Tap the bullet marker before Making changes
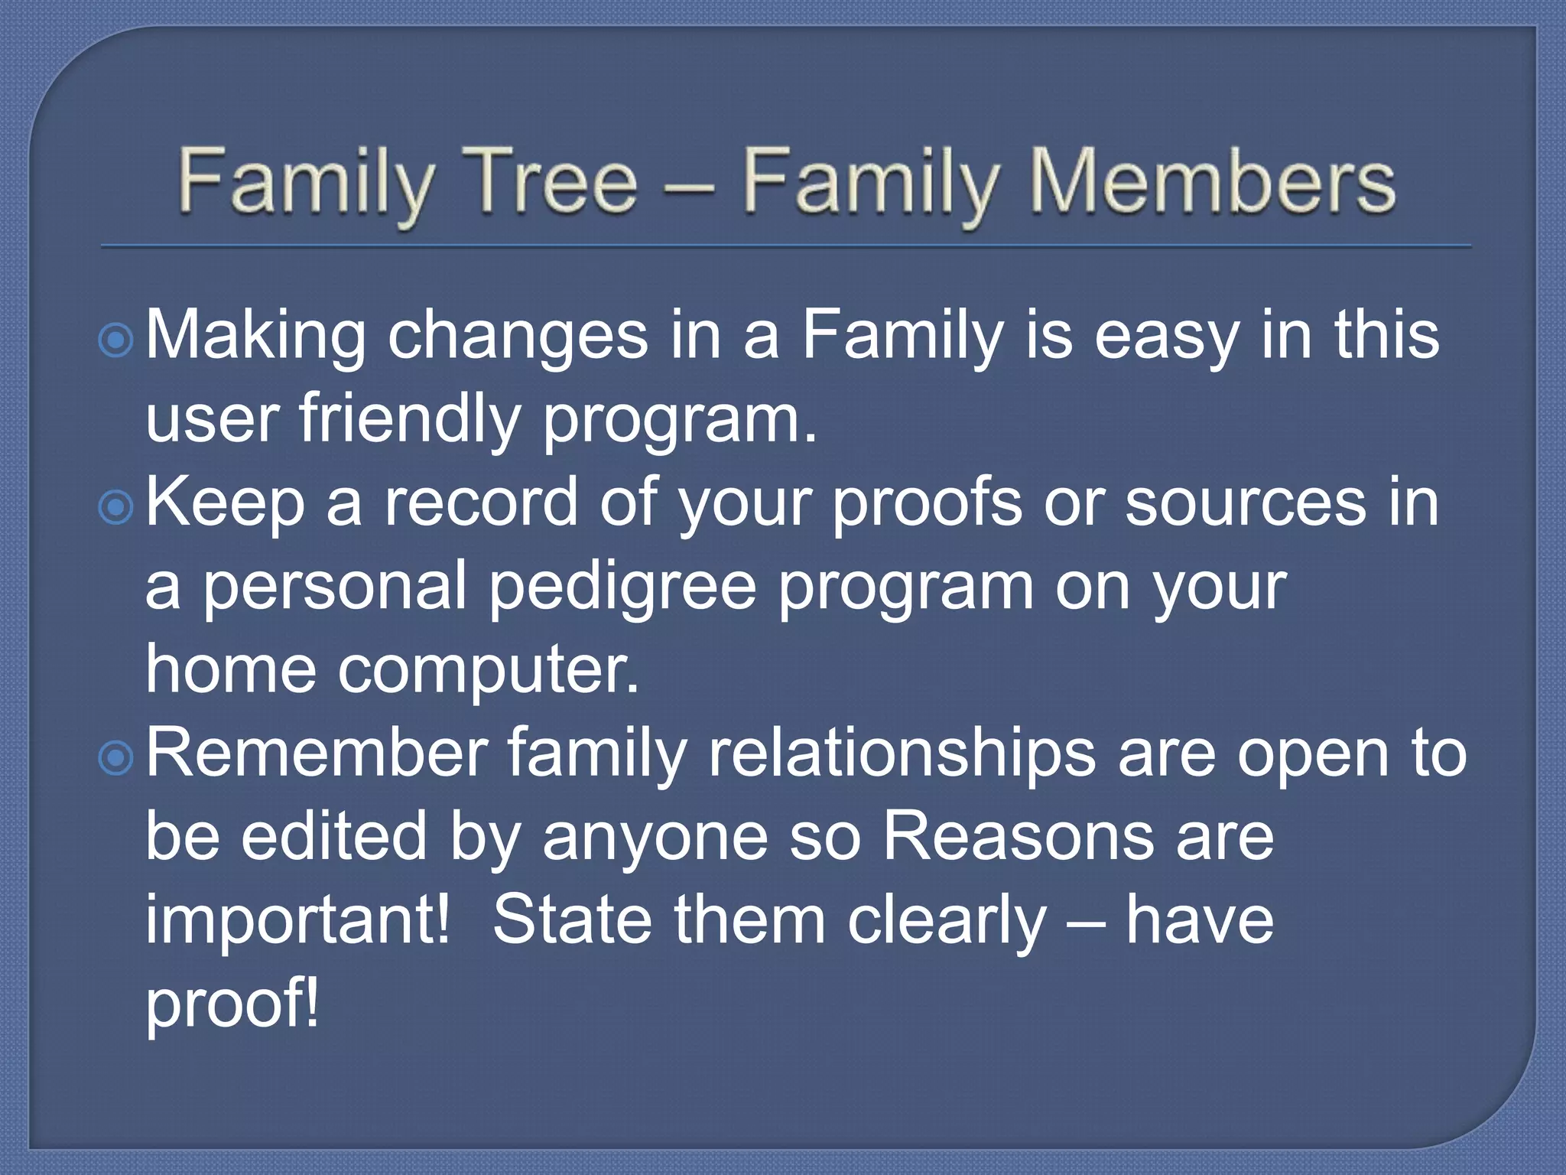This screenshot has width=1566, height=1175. (x=116, y=340)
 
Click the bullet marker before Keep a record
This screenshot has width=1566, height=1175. (x=116, y=507)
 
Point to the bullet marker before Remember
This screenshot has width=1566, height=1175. (x=116, y=758)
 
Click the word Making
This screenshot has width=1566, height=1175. (x=255, y=337)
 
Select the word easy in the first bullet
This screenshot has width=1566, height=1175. (x=1167, y=337)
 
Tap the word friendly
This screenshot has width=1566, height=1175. (x=409, y=419)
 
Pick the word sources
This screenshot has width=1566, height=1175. (x=1246, y=503)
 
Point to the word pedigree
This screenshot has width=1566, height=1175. (x=622, y=587)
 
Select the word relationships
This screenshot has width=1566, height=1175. (x=902, y=754)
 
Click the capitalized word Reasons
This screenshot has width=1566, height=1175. (x=1018, y=837)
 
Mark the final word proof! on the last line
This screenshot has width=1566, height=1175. (x=232, y=1004)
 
